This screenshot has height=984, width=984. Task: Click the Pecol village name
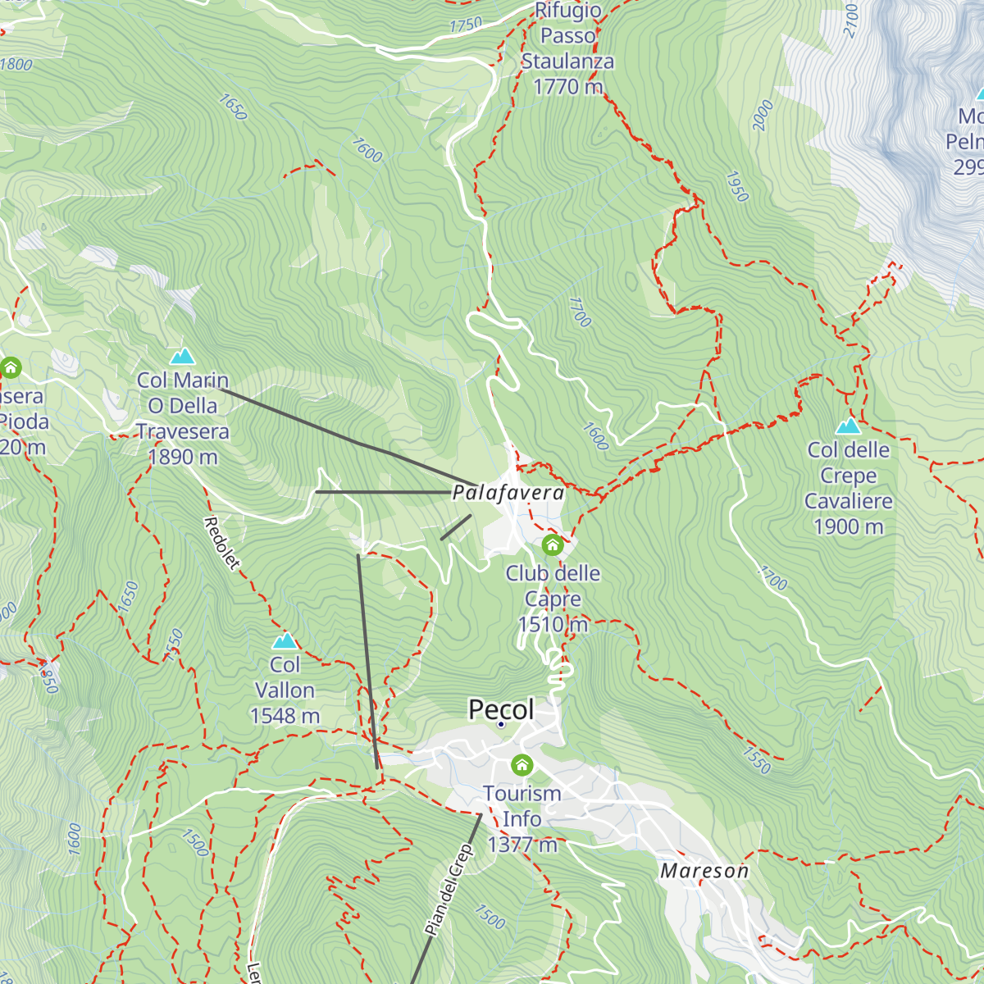[501, 709]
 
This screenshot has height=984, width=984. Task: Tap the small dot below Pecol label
[500, 725]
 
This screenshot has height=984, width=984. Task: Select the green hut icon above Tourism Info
[522, 766]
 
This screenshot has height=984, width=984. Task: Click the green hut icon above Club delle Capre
[553, 544]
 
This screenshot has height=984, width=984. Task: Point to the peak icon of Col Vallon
[285, 640]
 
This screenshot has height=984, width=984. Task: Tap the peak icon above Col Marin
[182, 356]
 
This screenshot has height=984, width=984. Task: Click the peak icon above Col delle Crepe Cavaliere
[848, 426]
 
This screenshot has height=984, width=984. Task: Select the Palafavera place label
[508, 493]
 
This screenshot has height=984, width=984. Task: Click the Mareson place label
[704, 871]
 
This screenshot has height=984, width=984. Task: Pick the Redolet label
[222, 543]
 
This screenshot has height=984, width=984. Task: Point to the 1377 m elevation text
[522, 845]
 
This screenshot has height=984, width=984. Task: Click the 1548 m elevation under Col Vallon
[285, 716]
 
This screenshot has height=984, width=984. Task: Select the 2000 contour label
[763, 115]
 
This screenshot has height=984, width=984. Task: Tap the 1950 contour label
[737, 187]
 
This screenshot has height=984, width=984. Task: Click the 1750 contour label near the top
[465, 26]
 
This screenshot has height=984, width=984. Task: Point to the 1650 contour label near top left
[233, 107]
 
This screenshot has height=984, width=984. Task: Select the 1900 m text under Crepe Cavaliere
[848, 526]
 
